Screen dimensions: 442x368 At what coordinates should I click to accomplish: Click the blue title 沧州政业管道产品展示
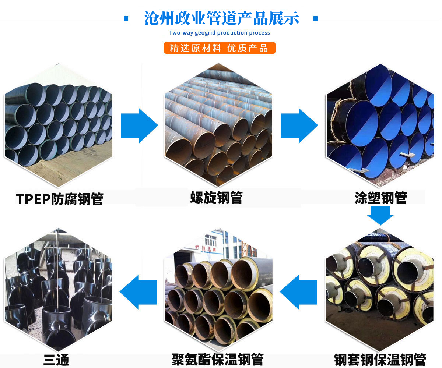(x=221, y=18)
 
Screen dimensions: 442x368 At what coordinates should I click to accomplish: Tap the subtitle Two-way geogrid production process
(x=220, y=33)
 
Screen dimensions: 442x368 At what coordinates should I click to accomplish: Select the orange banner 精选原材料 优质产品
(x=220, y=48)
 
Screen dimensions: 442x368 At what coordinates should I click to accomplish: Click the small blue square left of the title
(x=126, y=18)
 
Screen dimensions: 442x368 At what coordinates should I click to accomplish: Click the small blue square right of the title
(x=315, y=18)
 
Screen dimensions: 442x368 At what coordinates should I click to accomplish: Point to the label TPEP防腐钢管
(x=60, y=199)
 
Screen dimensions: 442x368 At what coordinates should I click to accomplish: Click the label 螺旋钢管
(x=216, y=198)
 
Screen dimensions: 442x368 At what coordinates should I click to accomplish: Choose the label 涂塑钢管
(x=380, y=198)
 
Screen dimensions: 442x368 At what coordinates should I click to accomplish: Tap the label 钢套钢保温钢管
(x=380, y=360)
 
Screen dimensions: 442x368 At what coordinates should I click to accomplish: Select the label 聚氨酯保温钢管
(x=217, y=359)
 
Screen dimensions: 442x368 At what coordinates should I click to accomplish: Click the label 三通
(x=56, y=360)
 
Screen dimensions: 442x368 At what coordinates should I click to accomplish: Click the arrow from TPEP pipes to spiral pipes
(x=139, y=126)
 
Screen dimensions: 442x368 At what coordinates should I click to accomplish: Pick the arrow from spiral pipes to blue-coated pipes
(x=299, y=126)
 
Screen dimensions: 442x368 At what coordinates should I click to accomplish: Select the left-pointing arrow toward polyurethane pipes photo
(x=298, y=292)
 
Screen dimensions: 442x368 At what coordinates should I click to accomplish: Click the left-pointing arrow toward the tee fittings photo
(x=138, y=292)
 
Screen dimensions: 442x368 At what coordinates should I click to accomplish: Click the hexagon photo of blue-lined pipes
(x=380, y=125)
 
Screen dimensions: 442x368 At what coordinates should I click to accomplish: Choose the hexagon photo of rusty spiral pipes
(x=218, y=125)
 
